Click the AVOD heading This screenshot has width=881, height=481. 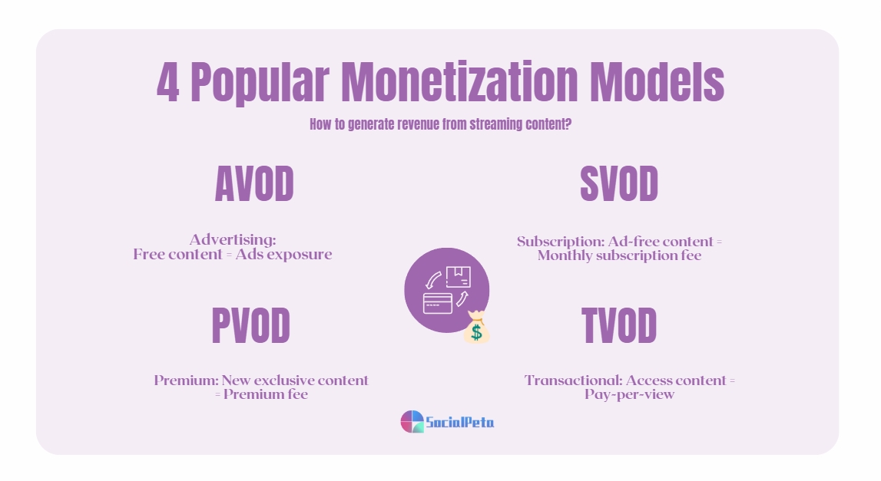[x=253, y=185]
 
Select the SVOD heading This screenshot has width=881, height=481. [x=619, y=185]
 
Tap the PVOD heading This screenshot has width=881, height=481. [x=250, y=326]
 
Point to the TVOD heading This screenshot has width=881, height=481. [x=619, y=326]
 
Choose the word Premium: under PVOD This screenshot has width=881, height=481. [x=187, y=381]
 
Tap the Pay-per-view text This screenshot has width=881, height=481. [x=629, y=395]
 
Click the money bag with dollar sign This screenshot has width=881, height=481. [x=477, y=328]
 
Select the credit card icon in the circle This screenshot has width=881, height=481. [x=438, y=303]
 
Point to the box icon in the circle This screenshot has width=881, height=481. [x=458, y=276]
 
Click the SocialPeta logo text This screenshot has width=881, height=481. [x=460, y=422]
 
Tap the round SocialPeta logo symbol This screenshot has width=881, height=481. [x=412, y=421]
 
